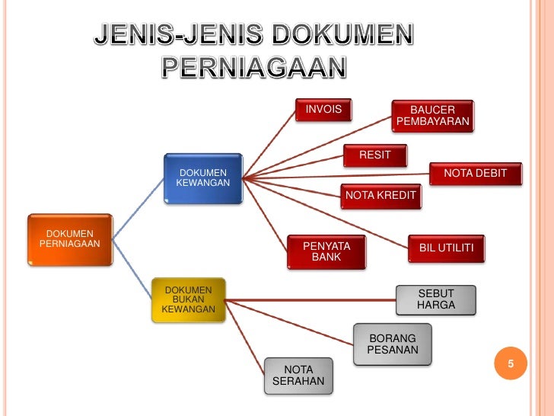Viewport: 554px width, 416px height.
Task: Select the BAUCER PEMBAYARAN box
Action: pyautogui.click(x=433, y=116)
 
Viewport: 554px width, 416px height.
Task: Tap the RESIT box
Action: pyautogui.click(x=374, y=155)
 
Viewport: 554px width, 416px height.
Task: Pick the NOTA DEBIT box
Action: pyautogui.click(x=475, y=174)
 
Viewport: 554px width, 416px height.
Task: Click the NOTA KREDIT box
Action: pyautogui.click(x=380, y=196)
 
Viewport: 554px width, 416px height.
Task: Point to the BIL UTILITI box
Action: pyautogui.click(x=446, y=248)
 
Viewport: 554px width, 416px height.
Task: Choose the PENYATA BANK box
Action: pyautogui.click(x=326, y=252)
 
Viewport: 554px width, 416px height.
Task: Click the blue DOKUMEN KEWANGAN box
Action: pyautogui.click(x=202, y=178)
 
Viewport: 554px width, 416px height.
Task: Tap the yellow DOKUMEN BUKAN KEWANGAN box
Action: pyautogui.click(x=189, y=300)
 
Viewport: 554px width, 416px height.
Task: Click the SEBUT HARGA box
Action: pyautogui.click(x=435, y=299)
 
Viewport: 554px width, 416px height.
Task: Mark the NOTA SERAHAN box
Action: pyautogui.click(x=298, y=376)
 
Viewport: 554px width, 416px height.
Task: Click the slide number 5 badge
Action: pyautogui.click(x=511, y=364)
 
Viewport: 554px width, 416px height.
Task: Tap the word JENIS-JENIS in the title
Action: pyautogui.click(x=180, y=34)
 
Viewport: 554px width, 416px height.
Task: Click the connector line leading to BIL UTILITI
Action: pyautogui.click(x=327, y=213)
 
